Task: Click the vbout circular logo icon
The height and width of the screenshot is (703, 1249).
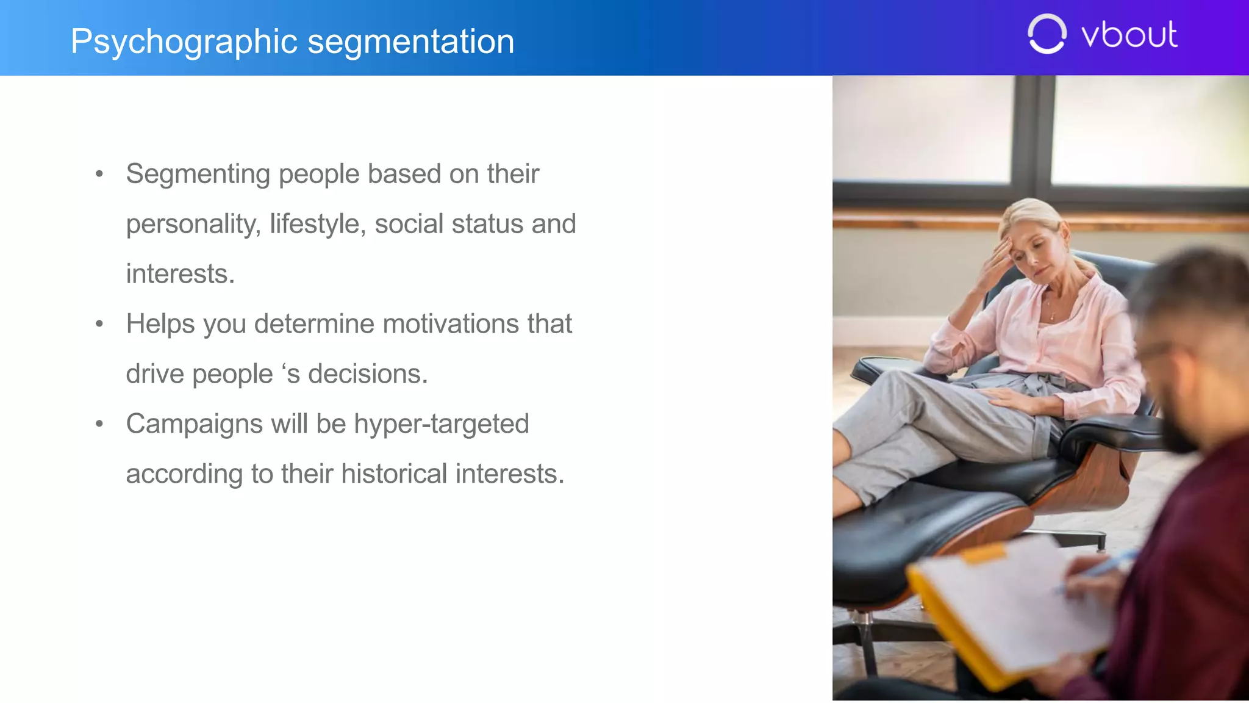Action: [1047, 34]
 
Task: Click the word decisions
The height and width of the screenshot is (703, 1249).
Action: [367, 374]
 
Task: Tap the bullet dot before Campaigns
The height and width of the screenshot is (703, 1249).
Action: [99, 424]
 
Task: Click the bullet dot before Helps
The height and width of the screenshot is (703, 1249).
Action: [99, 324]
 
